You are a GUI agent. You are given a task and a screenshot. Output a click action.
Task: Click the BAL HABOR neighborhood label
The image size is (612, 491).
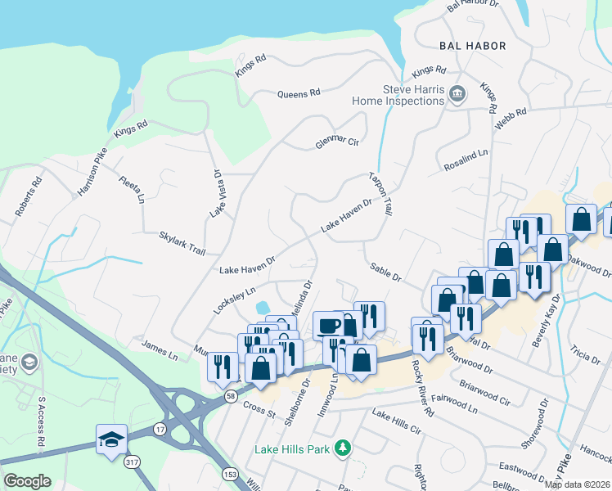[472, 46]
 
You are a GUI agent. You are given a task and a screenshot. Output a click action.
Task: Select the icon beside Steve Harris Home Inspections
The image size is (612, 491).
[457, 95]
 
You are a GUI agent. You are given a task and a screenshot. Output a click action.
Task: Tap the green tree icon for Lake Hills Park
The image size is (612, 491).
[344, 448]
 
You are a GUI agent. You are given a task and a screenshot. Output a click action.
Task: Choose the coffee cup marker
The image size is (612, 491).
[328, 324]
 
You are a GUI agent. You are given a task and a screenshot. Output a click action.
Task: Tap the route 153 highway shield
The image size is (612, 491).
[226, 473]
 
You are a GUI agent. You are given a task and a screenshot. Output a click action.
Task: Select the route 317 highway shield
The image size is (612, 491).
[131, 462]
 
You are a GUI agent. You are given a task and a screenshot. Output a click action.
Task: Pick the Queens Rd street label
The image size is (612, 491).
[298, 94]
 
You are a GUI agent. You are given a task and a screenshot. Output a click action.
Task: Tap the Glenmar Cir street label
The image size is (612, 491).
[337, 143]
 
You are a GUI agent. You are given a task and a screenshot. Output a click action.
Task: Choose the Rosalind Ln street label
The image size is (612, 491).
[466, 157]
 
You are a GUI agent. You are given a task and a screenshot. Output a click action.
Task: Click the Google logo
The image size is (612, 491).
[28, 480]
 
